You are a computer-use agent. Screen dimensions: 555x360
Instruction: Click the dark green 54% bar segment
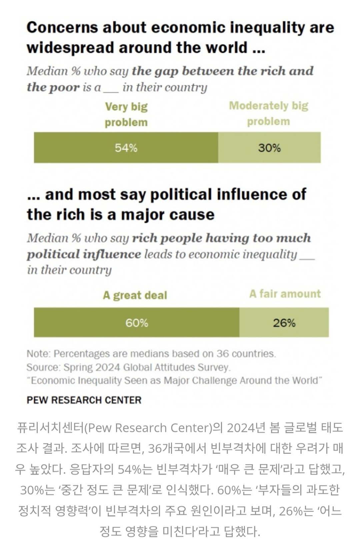(x=126, y=147)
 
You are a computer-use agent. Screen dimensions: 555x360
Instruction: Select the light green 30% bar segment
(x=269, y=147)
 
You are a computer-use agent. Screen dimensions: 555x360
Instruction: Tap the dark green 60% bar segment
(x=137, y=322)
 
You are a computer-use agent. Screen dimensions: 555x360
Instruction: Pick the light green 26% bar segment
(x=284, y=322)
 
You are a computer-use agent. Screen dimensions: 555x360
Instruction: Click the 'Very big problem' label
(x=126, y=114)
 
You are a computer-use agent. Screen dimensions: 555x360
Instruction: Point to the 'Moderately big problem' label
(x=269, y=113)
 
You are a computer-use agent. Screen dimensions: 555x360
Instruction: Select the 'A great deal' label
(x=135, y=295)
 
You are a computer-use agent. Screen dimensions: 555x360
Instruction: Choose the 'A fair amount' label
(x=285, y=294)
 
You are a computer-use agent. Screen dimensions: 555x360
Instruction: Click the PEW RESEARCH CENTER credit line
(x=84, y=400)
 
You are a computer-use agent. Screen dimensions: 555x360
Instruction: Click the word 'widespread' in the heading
(x=70, y=47)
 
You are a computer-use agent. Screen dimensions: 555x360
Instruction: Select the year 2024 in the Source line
(x=107, y=367)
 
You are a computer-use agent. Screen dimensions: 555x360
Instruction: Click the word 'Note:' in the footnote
(x=39, y=354)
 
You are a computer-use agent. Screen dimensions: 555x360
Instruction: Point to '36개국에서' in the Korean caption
(x=177, y=448)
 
